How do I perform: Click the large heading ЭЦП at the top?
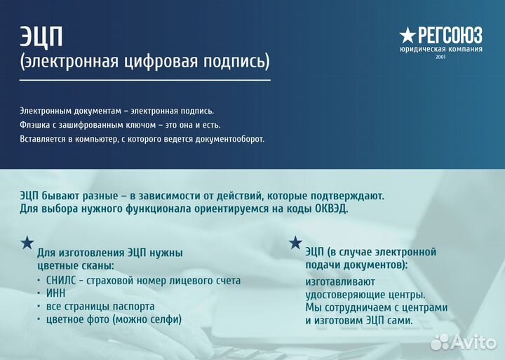41,36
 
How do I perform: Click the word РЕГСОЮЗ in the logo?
450,35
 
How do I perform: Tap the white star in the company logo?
408,35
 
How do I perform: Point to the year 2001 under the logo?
440,58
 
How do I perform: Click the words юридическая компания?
440,49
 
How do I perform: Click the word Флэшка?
35,125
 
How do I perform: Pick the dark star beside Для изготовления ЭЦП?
27,243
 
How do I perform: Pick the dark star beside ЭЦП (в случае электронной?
295,243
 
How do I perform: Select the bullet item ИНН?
56,293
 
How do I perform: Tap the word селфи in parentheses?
165,319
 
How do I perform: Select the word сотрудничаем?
358,307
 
